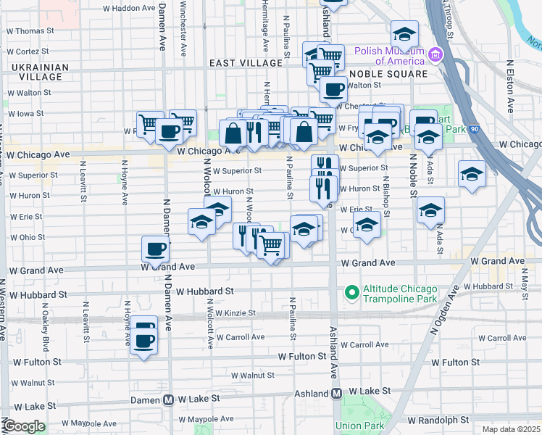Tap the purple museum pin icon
pos(435,54)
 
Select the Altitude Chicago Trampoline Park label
pos(401,293)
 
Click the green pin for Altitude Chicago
pos(351,293)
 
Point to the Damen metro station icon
pos(168,399)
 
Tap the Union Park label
pos(354,426)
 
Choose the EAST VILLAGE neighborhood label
pos(246,63)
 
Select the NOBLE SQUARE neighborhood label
pos(388,74)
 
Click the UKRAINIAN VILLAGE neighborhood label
pos(40,72)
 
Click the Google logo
pos(23,426)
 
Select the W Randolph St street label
pos(443,420)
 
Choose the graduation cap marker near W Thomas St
pos(404,33)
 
